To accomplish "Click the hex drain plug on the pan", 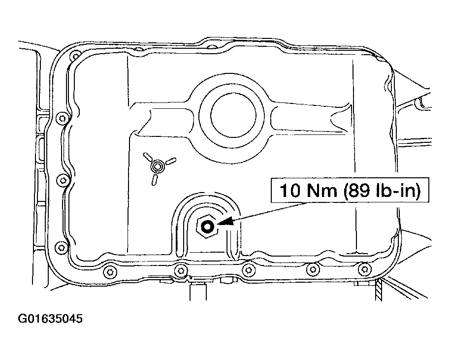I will [207, 227].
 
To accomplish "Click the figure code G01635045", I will [51, 319].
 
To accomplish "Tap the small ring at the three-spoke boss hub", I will [157, 167].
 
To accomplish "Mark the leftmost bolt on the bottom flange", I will [109, 270].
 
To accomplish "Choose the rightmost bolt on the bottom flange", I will [364, 268].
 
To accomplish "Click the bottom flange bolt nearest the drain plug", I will [181, 270].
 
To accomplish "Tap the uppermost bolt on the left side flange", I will [61, 118].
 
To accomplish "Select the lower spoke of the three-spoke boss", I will [154, 179].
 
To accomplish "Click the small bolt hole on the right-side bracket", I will [419, 103].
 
